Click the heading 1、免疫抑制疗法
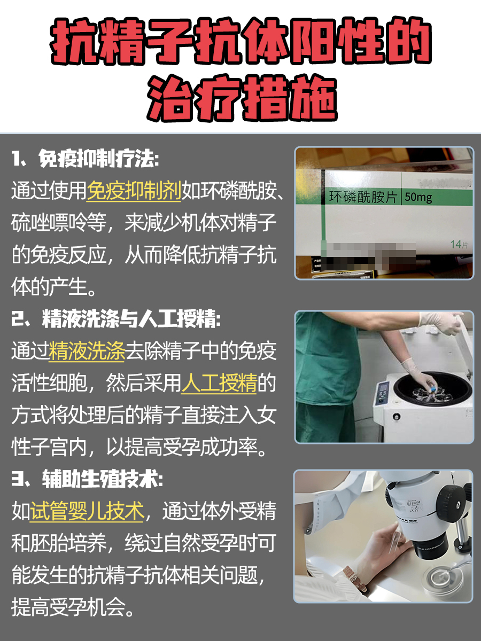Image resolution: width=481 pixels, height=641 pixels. pos(86,159)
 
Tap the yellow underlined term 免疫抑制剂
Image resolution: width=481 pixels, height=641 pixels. pos(134,190)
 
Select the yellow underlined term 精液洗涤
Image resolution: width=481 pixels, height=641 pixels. pos(87,352)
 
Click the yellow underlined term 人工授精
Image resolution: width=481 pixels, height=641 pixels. pos(219,384)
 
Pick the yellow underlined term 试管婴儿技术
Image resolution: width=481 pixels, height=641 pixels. pos(87,512)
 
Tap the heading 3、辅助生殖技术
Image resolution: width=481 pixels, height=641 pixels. pos(86,480)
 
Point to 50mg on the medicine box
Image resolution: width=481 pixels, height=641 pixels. pos(418,197)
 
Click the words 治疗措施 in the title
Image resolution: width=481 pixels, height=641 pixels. pos(241,99)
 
